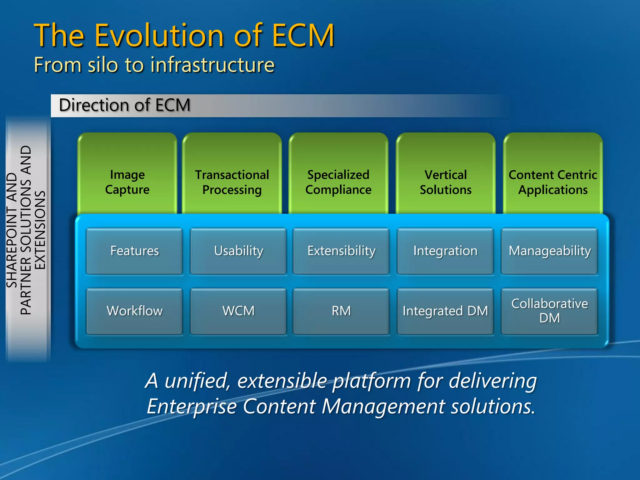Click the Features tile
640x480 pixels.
[134, 251]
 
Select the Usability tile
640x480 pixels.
[238, 251]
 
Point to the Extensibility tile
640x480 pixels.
[341, 251]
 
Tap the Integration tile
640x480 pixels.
[445, 251]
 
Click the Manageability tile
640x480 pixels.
[550, 251]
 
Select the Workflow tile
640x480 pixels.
[134, 311]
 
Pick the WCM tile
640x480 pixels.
[238, 311]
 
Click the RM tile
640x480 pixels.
[341, 311]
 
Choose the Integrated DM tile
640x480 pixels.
[445, 311]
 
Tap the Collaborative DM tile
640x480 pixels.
[550, 311]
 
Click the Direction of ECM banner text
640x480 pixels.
[124, 105]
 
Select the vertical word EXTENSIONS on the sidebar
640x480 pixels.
[40, 230]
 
